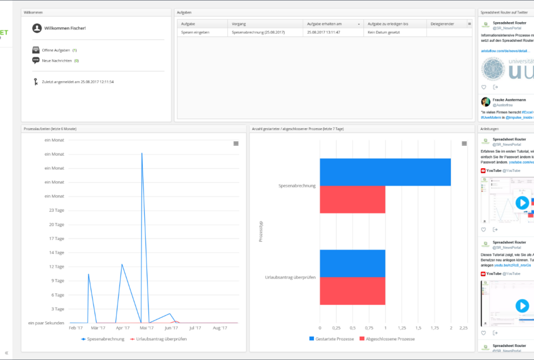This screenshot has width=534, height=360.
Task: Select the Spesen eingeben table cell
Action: (x=195, y=32)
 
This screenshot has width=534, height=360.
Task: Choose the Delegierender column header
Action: (x=442, y=24)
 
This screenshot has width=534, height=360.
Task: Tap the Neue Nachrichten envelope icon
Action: (x=36, y=61)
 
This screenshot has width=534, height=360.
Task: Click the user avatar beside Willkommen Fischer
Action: (x=37, y=28)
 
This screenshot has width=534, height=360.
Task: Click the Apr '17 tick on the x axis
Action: (x=123, y=328)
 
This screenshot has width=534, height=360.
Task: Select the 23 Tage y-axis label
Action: (x=56, y=210)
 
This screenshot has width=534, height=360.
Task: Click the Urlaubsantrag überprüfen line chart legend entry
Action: (x=159, y=339)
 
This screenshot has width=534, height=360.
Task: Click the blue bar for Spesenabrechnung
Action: (x=385, y=172)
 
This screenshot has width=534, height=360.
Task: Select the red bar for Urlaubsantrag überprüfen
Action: (x=352, y=291)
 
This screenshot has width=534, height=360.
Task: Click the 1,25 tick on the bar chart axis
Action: (x=402, y=328)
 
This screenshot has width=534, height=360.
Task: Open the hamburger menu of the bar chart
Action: (x=464, y=143)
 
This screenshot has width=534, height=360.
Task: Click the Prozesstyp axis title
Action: (x=261, y=231)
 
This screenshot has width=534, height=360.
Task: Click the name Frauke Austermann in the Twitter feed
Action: (x=508, y=99)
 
